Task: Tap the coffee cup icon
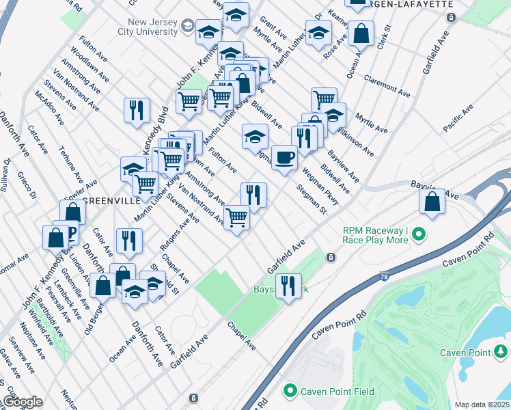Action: click(x=284, y=158)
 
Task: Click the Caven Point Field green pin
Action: click(x=290, y=392)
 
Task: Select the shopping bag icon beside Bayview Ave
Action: click(x=432, y=202)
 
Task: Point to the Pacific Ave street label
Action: click(x=458, y=118)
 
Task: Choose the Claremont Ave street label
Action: click(x=387, y=85)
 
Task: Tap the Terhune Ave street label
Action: click(x=70, y=161)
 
